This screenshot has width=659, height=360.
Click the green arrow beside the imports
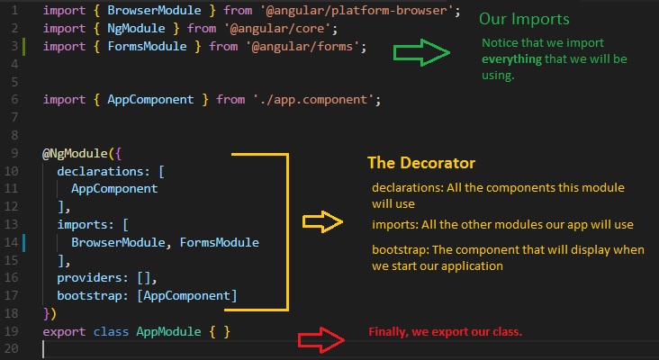click(421, 52)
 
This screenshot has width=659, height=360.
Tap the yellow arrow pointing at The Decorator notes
click(322, 221)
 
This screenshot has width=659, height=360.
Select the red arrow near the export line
click(321, 339)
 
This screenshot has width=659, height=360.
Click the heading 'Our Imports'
click(524, 19)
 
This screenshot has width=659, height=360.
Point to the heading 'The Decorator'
click(421, 163)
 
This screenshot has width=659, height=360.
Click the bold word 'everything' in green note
click(511, 59)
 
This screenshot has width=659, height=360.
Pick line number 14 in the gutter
click(12, 242)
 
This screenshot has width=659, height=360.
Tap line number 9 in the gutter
click(14, 153)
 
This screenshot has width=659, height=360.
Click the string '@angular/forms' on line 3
click(302, 46)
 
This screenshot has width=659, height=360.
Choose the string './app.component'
click(313, 100)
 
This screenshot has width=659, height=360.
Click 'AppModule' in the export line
click(168, 331)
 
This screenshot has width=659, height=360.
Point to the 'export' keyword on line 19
click(64, 332)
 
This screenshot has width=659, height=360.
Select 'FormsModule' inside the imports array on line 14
click(220, 242)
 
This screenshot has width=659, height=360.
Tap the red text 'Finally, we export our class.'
click(445, 332)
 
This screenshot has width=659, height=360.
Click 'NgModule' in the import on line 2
click(136, 28)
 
